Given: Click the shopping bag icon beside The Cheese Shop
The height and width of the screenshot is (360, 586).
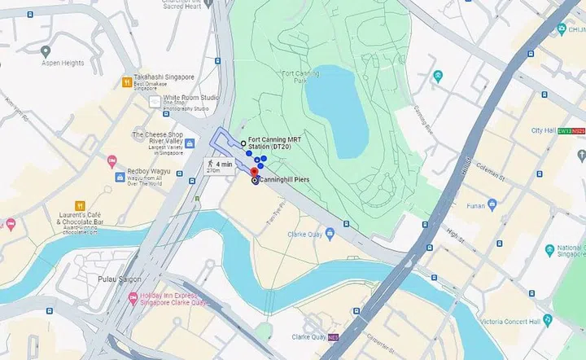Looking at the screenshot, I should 189,144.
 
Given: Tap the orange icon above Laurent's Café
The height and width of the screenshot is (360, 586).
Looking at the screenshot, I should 80,204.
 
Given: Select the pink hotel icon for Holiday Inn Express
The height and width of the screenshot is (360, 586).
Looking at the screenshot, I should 132,298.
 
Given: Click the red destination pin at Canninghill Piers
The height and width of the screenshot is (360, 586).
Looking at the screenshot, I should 253,172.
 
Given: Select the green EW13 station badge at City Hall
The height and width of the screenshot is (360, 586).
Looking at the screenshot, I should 564,130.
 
